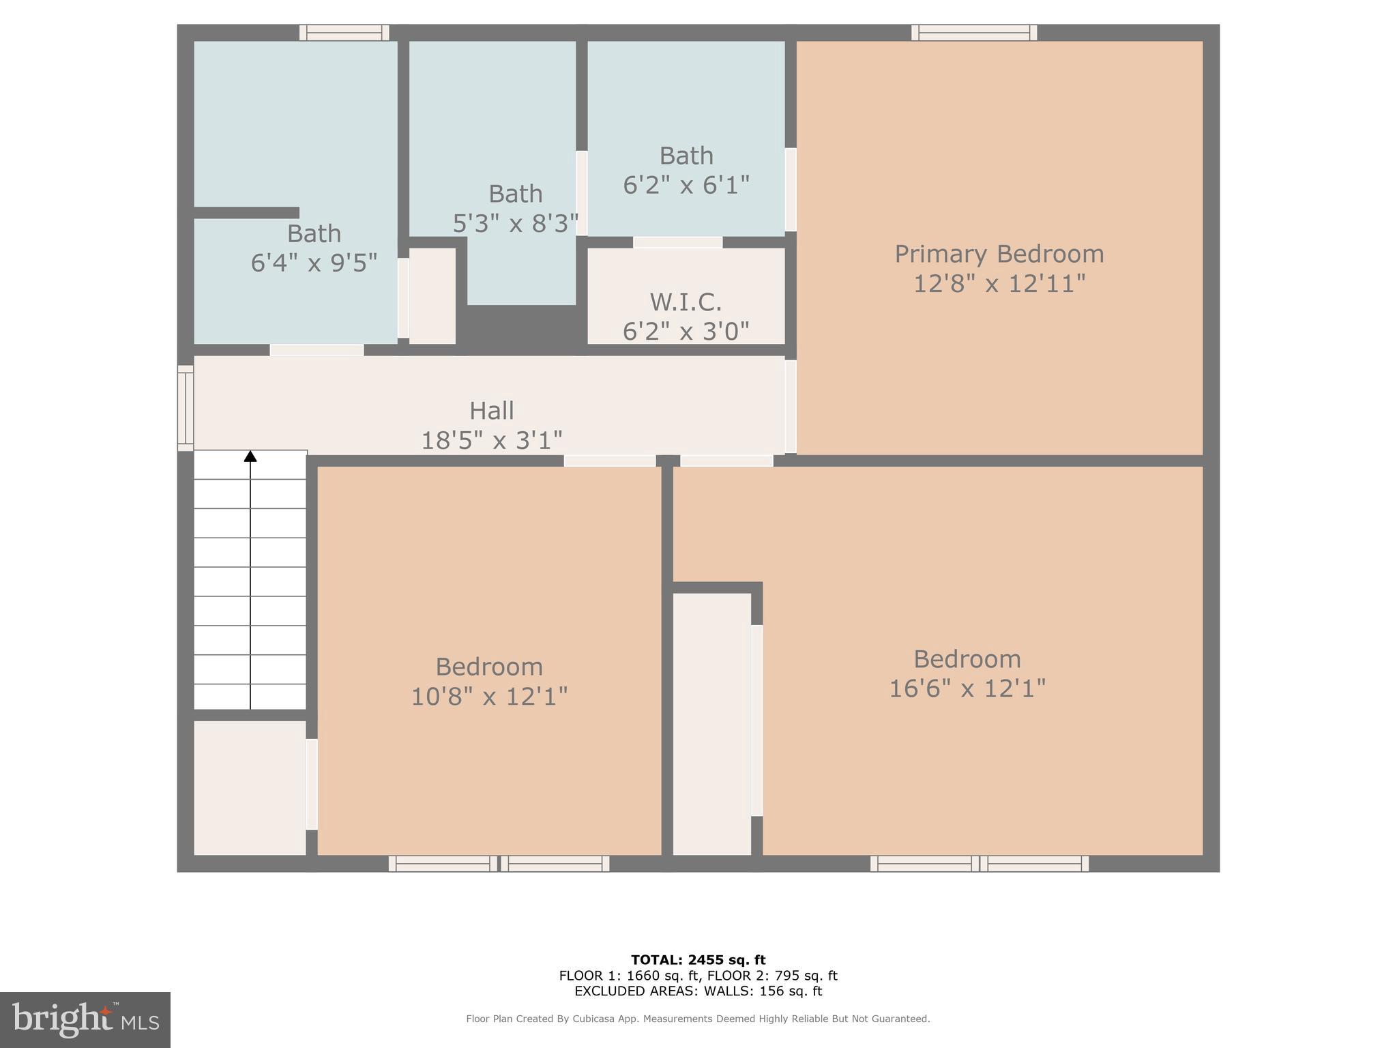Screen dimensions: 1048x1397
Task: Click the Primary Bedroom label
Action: point(999,254)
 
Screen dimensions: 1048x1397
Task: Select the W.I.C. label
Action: point(686,302)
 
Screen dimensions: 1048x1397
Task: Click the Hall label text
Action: point(491,411)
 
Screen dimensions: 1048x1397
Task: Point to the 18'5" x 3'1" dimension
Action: point(491,441)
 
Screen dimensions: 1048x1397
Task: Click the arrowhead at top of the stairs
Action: point(250,456)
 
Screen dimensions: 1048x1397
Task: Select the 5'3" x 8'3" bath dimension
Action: point(515,224)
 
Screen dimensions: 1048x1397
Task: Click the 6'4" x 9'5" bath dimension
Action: point(314,263)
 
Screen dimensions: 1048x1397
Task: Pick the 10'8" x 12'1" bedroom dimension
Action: point(489,697)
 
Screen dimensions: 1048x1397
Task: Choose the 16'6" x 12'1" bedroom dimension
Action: point(967,688)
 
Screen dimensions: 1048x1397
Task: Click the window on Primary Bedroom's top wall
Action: point(974,32)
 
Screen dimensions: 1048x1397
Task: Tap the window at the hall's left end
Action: point(185,408)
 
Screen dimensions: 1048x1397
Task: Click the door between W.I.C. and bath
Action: point(677,242)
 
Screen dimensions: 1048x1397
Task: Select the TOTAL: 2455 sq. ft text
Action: point(698,960)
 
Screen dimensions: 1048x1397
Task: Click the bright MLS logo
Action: point(85,1019)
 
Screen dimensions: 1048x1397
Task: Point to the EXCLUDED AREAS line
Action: point(698,991)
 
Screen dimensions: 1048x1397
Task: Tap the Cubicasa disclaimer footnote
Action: point(698,1019)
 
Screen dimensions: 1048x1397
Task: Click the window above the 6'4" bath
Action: point(344,32)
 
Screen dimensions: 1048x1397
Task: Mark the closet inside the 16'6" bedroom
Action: point(711,723)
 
